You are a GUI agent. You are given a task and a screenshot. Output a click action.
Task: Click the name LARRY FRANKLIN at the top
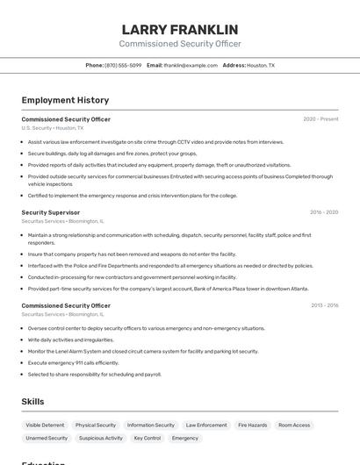[x=180, y=30]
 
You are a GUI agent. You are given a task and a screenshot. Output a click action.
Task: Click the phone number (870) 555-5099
[x=123, y=65]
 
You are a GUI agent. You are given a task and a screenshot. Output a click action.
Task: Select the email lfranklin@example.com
[x=190, y=65]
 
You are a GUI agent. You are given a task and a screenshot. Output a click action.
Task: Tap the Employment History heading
[x=65, y=100]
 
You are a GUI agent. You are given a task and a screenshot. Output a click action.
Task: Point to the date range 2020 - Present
[x=320, y=118]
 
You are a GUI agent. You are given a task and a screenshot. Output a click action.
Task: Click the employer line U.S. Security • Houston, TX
[x=53, y=128]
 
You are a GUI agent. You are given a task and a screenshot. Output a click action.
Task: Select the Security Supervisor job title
[x=51, y=212]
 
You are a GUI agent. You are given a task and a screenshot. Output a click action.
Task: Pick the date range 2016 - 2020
[x=324, y=212]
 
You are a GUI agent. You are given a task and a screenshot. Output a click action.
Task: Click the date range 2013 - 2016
[x=324, y=305]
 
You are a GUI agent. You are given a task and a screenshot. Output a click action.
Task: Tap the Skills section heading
[x=33, y=401]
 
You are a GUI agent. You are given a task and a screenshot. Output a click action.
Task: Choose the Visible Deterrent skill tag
[x=45, y=425]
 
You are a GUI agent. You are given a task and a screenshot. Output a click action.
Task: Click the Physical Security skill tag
[x=96, y=425]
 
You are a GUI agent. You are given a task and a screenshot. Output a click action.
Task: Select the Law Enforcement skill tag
[x=206, y=425]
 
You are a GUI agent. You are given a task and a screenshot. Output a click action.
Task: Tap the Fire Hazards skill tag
[x=252, y=425]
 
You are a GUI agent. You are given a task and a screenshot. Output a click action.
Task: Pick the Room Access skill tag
[x=294, y=425]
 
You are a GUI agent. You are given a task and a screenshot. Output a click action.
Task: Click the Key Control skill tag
[x=147, y=438]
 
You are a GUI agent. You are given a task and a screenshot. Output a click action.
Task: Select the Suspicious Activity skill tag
[x=101, y=438]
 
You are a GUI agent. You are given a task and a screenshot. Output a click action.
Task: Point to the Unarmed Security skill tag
[x=47, y=438]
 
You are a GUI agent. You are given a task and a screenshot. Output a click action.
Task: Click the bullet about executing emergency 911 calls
[x=73, y=362]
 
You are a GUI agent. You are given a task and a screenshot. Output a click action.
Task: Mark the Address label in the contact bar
[x=234, y=65]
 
